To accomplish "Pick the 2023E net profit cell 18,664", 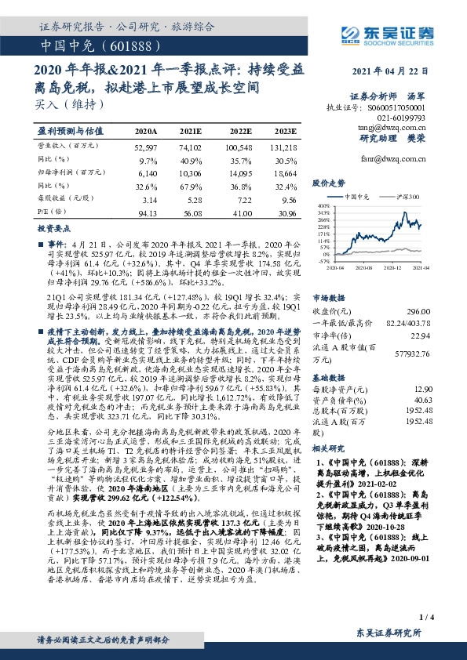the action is tap(284, 171).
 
